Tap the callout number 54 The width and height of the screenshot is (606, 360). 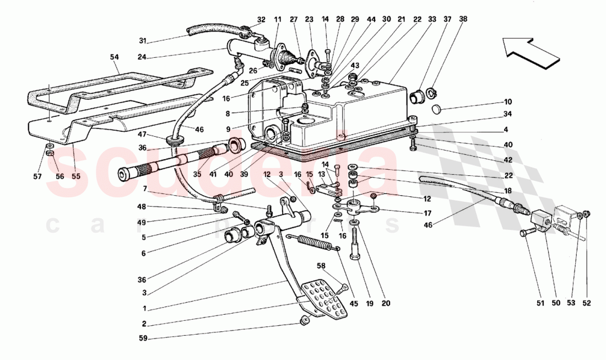[x=115, y=57]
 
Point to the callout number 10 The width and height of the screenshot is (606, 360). [x=507, y=102]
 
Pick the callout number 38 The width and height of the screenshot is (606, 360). [x=463, y=19]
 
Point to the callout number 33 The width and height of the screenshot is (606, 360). [x=432, y=19]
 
